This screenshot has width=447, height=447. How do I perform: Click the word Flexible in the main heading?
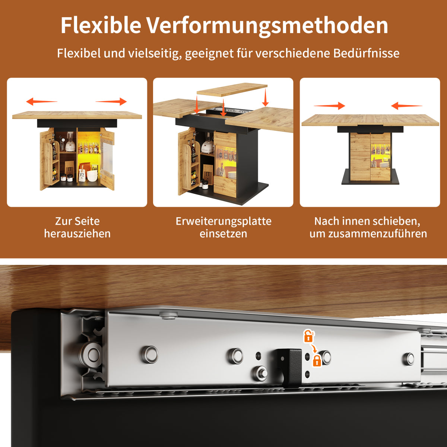tap(101, 25)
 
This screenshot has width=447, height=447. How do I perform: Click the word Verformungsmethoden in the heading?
tap(267, 25)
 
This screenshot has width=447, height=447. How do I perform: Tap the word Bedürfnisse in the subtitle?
tap(366, 53)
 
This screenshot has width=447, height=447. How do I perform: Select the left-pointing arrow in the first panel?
tap(41, 101)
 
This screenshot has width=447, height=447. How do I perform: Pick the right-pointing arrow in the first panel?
tap(111, 101)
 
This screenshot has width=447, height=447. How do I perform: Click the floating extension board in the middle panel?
tap(232, 89)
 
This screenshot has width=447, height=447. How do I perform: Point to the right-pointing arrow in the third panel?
tap(329, 106)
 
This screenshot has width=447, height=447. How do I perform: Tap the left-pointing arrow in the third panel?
tap(407, 106)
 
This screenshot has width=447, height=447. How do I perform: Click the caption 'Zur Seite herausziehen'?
tap(77, 227)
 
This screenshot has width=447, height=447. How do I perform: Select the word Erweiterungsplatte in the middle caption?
tap(223, 221)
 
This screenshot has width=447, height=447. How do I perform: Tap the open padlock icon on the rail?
tap(308, 336)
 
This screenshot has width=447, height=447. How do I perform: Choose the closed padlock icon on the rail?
tap(317, 361)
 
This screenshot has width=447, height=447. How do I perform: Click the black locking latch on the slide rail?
tap(291, 367)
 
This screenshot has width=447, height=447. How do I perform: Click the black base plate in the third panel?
tap(370, 181)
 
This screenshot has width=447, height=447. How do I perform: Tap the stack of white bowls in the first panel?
tap(92, 175)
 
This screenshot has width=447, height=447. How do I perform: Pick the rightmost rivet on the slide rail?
tap(409, 359)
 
